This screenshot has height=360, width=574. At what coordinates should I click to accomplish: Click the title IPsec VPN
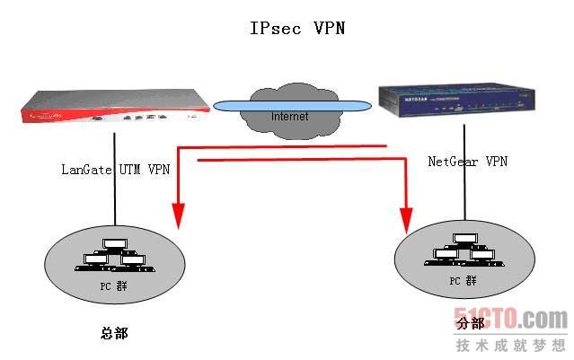pos(296,28)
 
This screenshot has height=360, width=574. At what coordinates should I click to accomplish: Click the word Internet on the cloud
pos(289,116)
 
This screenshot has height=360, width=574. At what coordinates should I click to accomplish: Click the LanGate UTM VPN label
pos(114,168)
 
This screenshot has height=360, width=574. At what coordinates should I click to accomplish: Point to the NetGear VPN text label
pos(467,162)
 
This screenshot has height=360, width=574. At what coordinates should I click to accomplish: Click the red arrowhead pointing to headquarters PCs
pos(178,216)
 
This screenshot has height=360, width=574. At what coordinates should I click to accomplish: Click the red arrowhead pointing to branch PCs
pos(406,218)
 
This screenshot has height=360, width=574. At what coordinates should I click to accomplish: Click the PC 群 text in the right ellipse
pos(463,281)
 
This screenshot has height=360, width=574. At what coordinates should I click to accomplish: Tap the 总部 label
pos(114,333)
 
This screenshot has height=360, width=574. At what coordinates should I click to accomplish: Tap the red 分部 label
pos(469,323)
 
